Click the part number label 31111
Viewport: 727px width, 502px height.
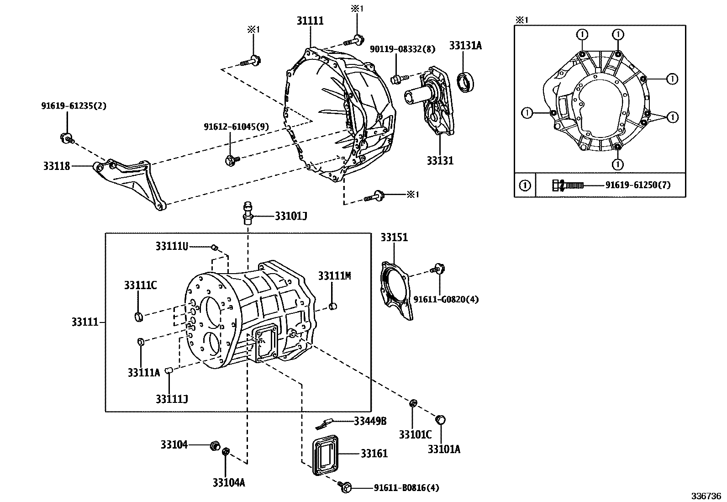tap(310, 21)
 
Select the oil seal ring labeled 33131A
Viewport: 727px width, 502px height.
tap(466, 83)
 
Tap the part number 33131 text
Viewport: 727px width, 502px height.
tap(440, 160)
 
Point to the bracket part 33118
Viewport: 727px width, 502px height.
tap(130, 183)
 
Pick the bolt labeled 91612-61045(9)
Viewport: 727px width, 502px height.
tap(231, 159)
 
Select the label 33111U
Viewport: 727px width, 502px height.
tap(171, 246)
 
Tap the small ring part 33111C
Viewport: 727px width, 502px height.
tap(139, 316)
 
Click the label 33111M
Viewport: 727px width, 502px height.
tap(334, 276)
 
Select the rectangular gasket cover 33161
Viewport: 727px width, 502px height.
tap(326, 457)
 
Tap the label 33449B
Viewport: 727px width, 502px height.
tap(370, 421)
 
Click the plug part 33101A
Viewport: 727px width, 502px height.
tap(441, 419)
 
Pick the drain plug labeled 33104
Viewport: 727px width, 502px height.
tap(214, 445)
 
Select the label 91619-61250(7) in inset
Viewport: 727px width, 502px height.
tap(638, 185)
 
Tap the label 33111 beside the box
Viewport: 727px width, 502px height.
tap(84, 322)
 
